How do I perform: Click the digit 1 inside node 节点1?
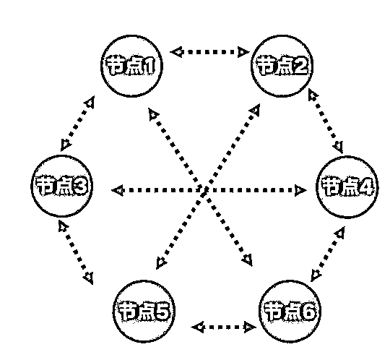[149, 67]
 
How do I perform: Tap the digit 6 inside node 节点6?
[308, 312]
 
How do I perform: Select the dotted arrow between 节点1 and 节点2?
[209, 52]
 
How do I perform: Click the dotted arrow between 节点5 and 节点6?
[223, 327]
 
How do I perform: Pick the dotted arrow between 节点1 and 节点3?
[77, 124]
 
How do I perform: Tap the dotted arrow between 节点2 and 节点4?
[326, 121]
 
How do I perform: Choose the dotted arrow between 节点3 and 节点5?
[76, 252]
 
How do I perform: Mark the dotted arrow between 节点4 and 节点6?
[328, 254]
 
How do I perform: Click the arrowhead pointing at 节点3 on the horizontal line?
[118, 190]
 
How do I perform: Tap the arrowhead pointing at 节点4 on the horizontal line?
[300, 190]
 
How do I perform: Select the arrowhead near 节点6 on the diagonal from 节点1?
[248, 260]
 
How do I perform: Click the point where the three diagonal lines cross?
[204, 191]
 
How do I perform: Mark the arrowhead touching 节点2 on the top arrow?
[243, 52]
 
